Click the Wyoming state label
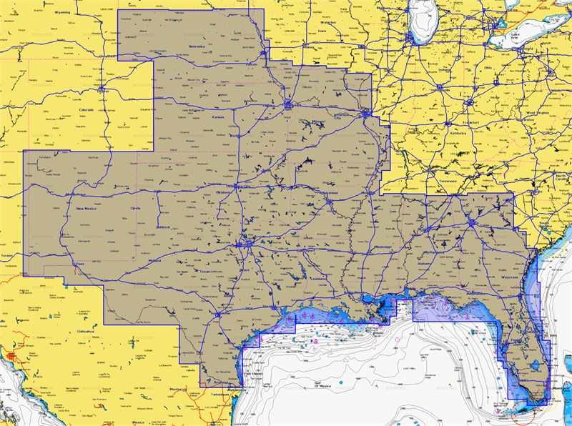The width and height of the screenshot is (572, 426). coord(62,12)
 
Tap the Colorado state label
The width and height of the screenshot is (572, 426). coord(87,110)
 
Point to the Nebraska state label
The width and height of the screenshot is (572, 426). coord(197,46)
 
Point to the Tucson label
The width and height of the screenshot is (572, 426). coord(7,255)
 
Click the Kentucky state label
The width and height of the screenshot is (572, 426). coord(458,134)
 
